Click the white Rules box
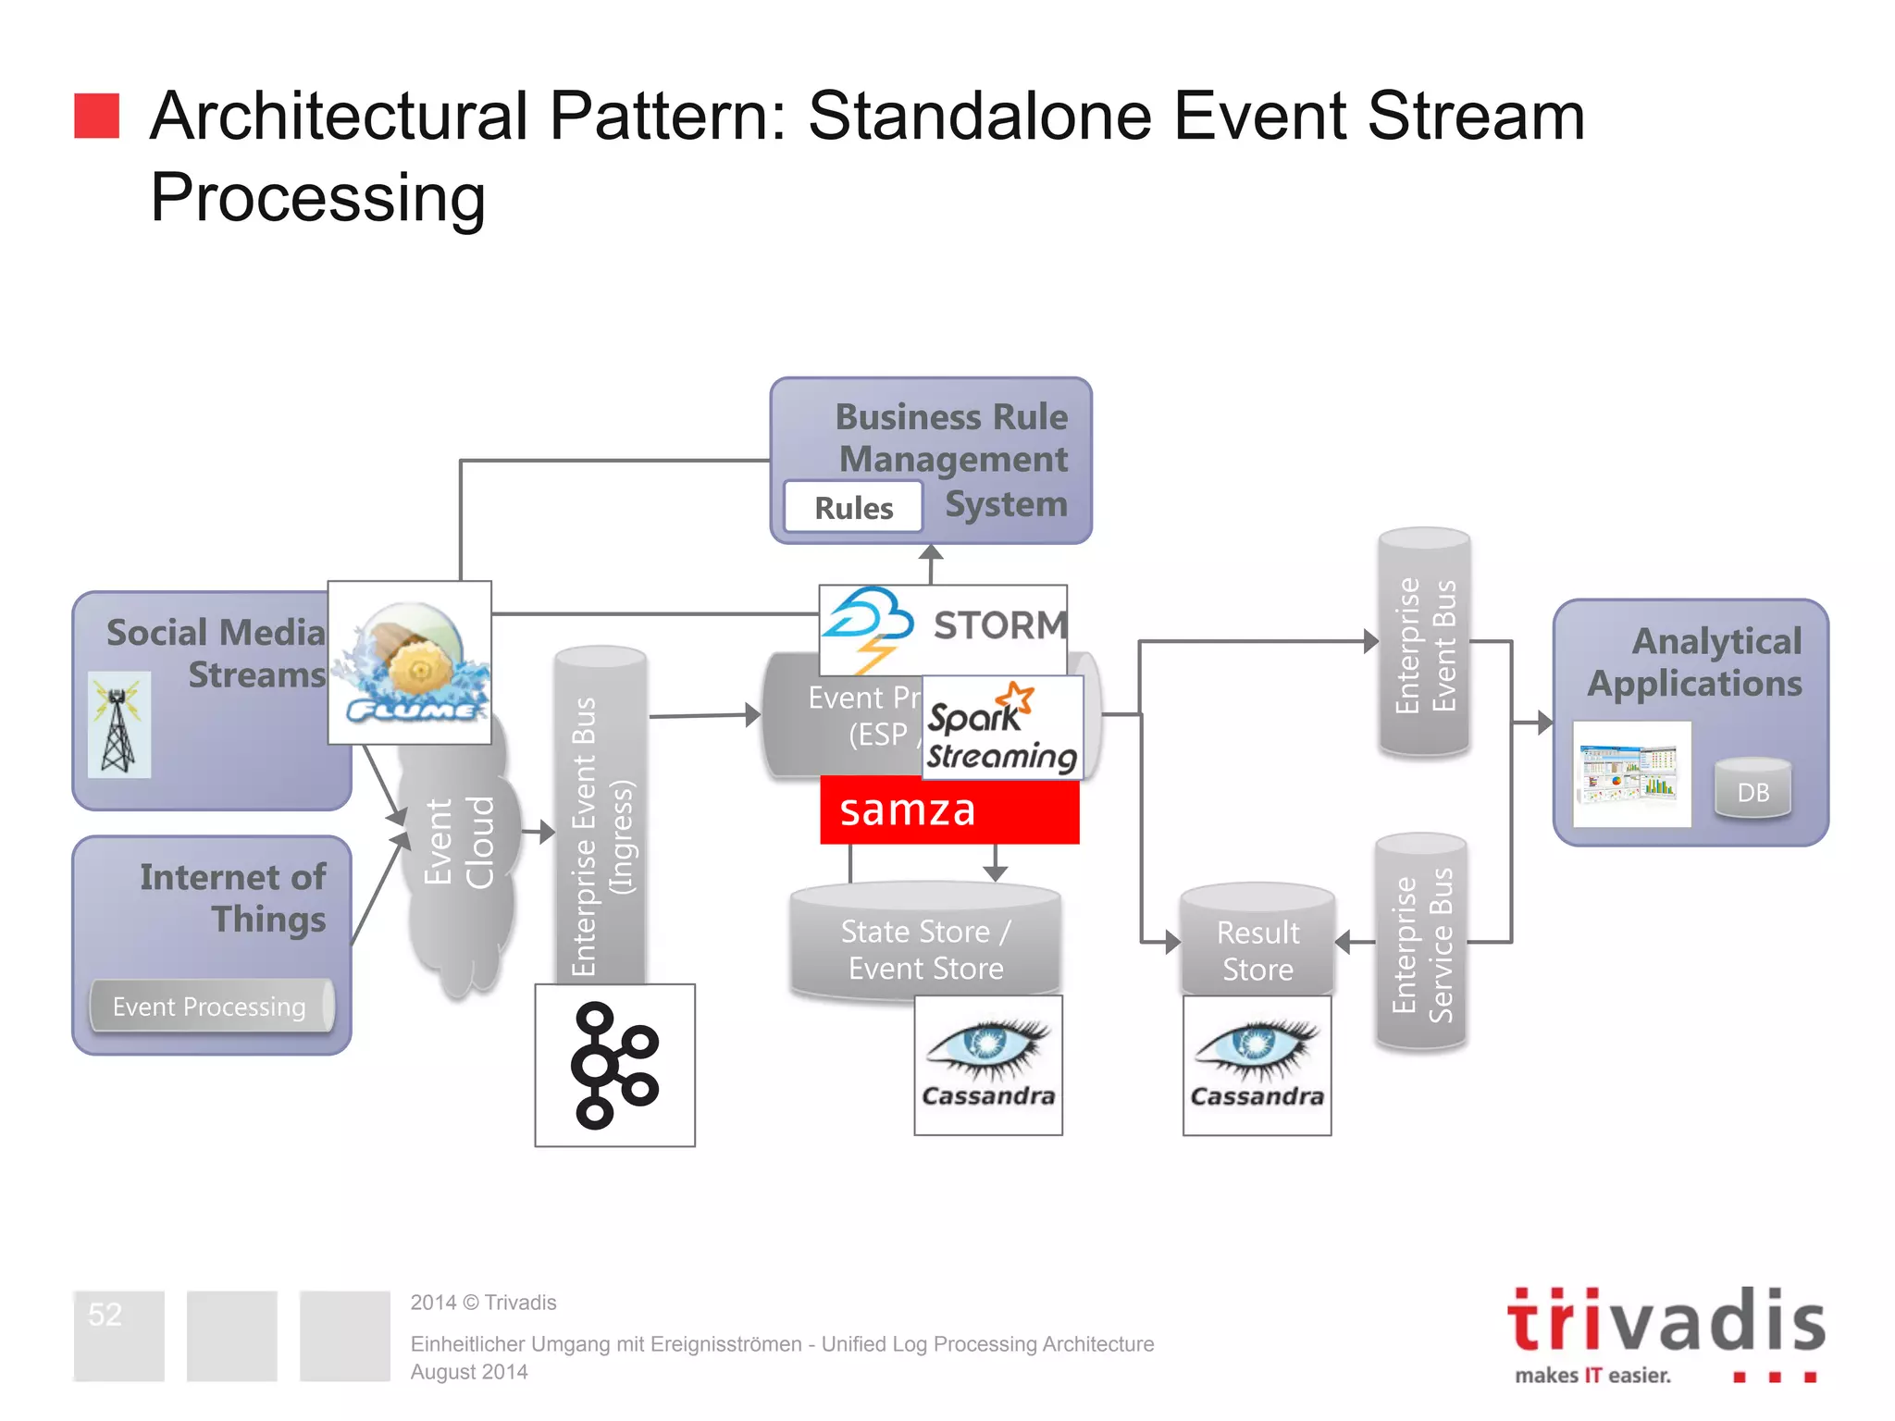[853, 507]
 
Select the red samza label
[949, 810]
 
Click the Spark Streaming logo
[1003, 728]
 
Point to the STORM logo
[943, 628]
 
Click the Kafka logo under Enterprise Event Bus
[615, 1065]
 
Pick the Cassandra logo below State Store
[988, 1065]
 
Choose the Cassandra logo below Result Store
[1257, 1065]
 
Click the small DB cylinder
[1753, 789]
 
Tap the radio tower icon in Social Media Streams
[118, 725]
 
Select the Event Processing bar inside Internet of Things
[210, 1006]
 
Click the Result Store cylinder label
[1257, 950]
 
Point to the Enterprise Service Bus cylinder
[1421, 942]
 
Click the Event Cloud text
[459, 842]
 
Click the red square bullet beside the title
[97, 116]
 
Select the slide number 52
[105, 1315]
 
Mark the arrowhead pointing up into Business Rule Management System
[932, 552]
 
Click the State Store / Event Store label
[926, 950]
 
